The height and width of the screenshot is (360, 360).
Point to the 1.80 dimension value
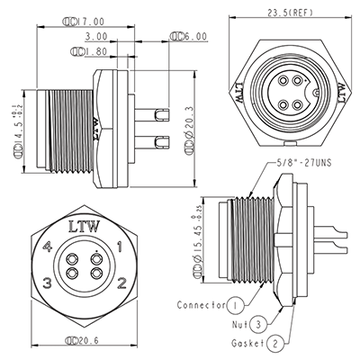click(86, 52)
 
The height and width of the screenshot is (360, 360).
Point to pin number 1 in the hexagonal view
click(120, 246)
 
